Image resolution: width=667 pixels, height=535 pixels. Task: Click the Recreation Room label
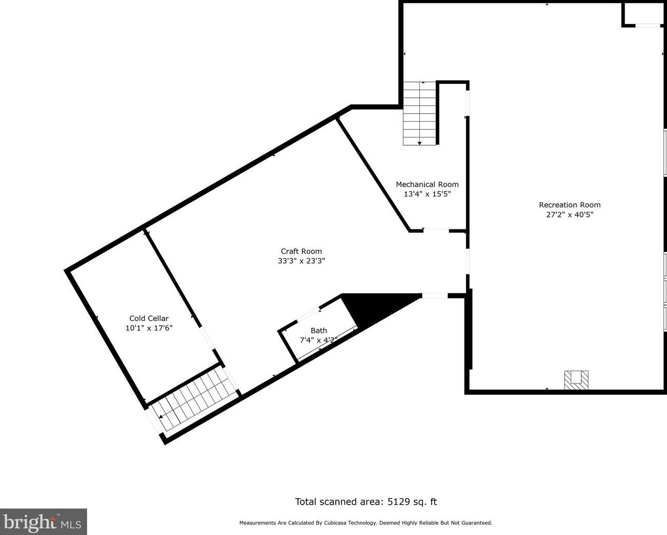[x=570, y=205]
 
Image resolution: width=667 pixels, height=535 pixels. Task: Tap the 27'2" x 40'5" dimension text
[x=570, y=215]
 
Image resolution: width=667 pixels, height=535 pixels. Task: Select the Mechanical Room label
[x=427, y=184]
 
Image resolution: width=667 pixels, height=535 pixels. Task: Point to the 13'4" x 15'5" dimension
[x=427, y=194]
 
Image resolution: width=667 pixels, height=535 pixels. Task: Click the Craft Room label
[x=301, y=251]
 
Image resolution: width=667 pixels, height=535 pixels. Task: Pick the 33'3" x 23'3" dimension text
[x=301, y=261]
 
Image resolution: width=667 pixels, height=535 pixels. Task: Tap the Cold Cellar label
[x=149, y=318]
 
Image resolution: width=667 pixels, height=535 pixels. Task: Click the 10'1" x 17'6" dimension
[x=149, y=328]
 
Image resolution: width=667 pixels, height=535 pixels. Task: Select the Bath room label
[x=318, y=331]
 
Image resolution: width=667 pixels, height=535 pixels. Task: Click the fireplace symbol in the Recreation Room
[x=576, y=380]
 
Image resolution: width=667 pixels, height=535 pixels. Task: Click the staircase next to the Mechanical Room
[x=419, y=113]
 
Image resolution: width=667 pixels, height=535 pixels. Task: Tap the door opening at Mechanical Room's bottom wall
[x=436, y=231]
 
